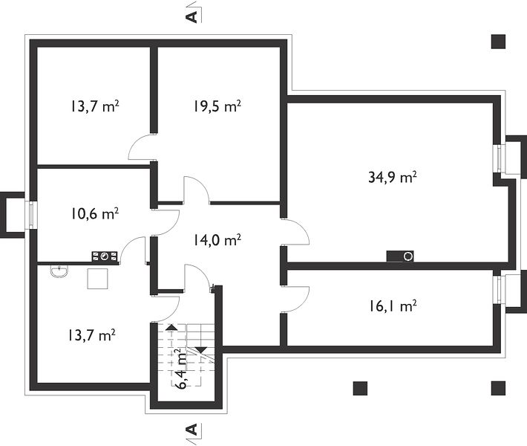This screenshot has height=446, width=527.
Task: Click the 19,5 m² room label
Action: coord(217,106)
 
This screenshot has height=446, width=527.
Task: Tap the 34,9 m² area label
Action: coord(393,177)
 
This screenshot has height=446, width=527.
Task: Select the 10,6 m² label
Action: coord(94,213)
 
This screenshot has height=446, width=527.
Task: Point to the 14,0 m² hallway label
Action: coord(217,239)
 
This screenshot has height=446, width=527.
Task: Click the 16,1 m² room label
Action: coord(393,306)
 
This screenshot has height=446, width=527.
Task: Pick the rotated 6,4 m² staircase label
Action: coord(181,369)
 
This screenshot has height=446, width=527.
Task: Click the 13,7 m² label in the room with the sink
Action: coord(92,335)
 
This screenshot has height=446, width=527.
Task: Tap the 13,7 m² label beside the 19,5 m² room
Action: coord(94,106)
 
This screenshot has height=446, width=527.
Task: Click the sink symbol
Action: coord(59,271)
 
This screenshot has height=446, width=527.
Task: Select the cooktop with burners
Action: coord(105,256)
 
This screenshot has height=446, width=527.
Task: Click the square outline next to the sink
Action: coord(97,278)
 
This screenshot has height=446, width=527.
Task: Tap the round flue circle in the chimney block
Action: coord(408,256)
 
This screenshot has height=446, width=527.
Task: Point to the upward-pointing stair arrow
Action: coord(171,327)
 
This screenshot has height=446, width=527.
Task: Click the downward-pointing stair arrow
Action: coord(200,350)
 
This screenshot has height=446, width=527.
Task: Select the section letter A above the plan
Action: coord(192,17)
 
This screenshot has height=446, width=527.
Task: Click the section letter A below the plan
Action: coord(192,430)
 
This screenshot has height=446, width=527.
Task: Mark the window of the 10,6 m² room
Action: coord(32,215)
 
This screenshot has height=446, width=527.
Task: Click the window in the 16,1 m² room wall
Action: coord(497,289)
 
